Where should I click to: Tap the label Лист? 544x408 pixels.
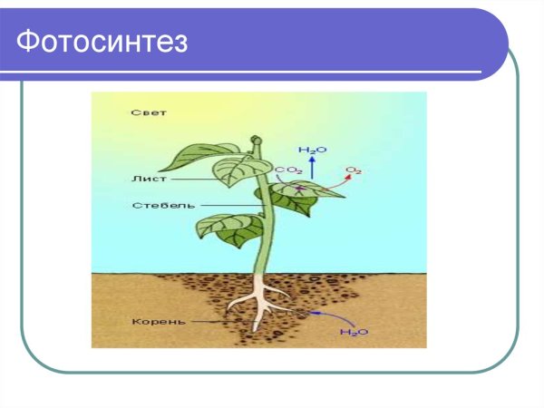pyautogui.click(x=144, y=180)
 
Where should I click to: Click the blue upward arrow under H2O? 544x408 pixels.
pyautogui.click(x=311, y=166)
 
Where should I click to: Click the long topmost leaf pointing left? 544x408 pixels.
pyautogui.click(x=208, y=153)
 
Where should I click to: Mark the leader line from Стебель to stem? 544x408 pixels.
pyautogui.click(x=227, y=205)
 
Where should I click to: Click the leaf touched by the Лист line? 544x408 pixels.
pyautogui.click(x=240, y=171)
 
